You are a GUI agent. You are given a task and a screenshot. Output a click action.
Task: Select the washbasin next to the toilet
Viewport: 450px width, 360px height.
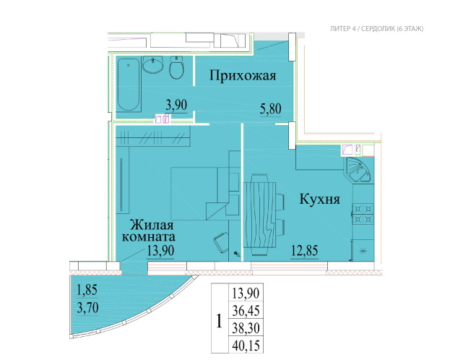(152, 64)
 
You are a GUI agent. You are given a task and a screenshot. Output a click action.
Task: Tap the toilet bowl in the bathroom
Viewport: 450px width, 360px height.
(176, 67)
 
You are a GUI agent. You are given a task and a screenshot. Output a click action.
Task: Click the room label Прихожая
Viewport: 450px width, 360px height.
(243, 76)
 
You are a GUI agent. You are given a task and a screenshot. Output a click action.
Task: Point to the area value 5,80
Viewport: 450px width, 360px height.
(271, 109)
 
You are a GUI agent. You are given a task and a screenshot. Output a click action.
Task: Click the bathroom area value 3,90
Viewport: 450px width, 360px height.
(176, 105)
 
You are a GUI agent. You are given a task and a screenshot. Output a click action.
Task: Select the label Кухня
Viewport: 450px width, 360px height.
(319, 199)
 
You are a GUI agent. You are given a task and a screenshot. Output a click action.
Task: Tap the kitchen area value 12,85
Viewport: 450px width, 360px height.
(305, 251)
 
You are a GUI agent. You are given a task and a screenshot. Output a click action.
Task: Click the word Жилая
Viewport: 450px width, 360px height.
(152, 225)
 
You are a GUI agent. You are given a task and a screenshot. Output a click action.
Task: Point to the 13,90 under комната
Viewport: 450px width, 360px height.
(160, 251)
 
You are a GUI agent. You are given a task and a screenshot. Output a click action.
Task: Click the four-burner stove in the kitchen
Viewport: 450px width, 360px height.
(363, 214)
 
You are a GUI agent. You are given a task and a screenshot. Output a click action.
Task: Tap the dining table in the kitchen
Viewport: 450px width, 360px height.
(259, 215)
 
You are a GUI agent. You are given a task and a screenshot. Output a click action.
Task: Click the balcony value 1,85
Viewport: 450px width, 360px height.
(87, 290)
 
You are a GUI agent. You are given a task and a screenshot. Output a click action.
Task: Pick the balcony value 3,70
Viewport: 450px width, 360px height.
(87, 308)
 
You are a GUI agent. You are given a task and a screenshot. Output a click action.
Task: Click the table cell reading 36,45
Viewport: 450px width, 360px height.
(246, 310)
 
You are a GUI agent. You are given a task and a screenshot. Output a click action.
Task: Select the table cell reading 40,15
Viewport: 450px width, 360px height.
(246, 346)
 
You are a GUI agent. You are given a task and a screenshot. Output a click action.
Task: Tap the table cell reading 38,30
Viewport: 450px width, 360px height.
(246, 327)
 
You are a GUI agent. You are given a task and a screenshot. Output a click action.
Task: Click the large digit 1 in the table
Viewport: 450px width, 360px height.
(219, 321)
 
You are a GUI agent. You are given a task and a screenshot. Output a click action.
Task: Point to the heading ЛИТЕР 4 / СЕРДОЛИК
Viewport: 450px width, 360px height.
(362, 29)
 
